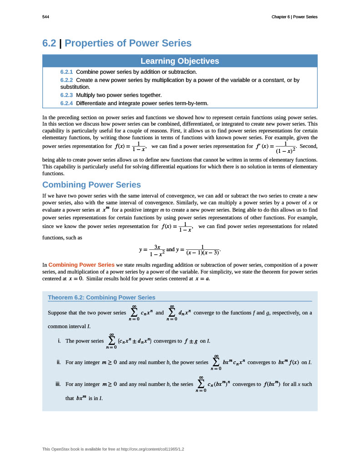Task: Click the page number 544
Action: (46, 17)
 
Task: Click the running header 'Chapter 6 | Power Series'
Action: (294, 17)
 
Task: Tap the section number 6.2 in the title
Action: (49, 43)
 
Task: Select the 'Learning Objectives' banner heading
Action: (180, 61)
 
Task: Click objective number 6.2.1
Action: (66, 72)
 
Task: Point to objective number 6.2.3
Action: (66, 95)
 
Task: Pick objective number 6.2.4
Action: (66, 103)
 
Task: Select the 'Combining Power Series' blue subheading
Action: (91, 185)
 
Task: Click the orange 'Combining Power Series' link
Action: (81, 264)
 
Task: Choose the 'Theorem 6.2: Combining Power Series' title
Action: (101, 298)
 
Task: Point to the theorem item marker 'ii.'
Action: (59, 362)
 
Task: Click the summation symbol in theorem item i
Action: (111, 341)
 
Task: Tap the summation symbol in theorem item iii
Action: (201, 384)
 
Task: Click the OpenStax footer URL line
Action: (113, 449)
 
